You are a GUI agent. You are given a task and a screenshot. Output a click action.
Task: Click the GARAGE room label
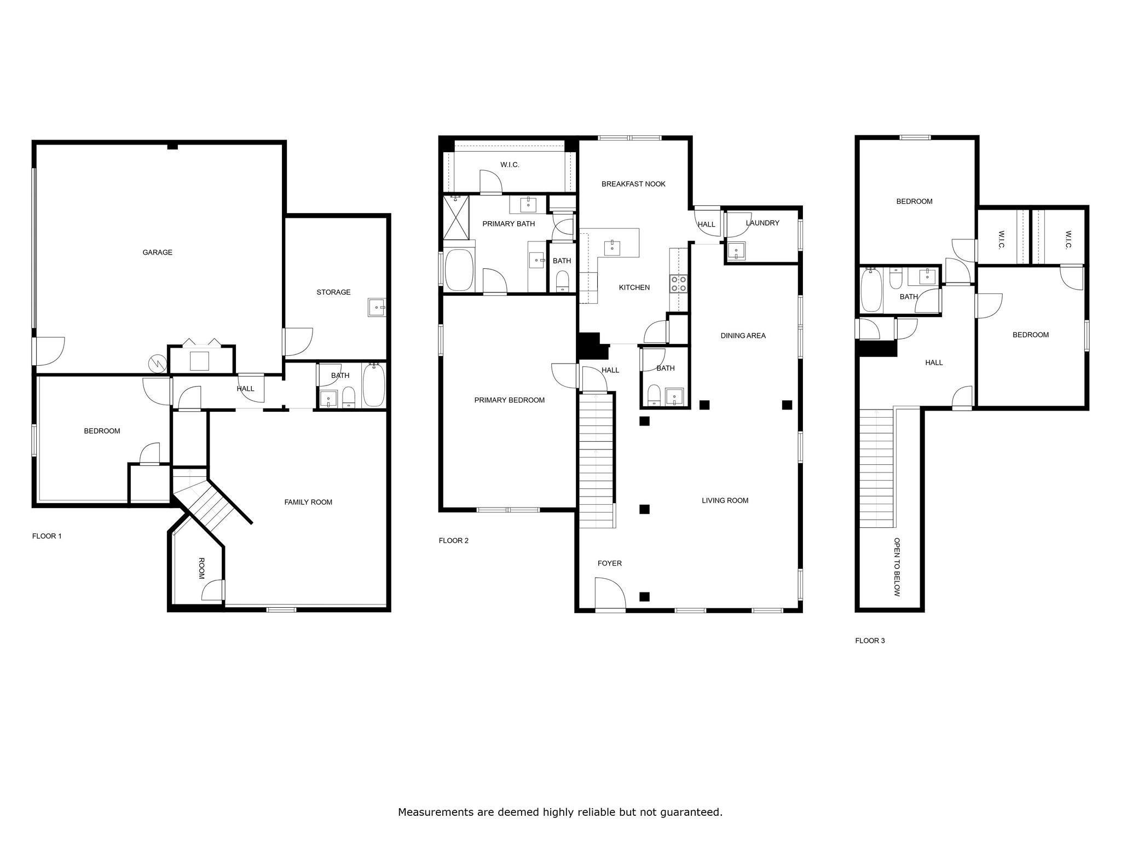(157, 252)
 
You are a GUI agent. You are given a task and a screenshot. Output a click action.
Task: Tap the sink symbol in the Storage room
(377, 308)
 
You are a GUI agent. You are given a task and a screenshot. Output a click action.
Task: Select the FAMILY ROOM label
(308, 502)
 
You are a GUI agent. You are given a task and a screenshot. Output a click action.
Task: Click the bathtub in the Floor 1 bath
(374, 385)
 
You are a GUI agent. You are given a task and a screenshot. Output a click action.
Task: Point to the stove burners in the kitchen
(679, 284)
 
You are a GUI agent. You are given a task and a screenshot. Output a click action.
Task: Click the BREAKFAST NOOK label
(633, 184)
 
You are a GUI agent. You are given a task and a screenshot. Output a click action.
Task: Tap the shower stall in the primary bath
(456, 217)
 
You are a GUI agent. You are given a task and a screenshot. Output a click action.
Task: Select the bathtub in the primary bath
(459, 270)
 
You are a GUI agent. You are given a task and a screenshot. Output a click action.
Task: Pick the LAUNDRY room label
(762, 223)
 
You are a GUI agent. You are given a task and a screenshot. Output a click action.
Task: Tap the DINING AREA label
(743, 336)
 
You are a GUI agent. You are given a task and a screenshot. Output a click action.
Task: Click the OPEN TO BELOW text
(897, 567)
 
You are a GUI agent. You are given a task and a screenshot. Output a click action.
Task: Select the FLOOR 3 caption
(870, 641)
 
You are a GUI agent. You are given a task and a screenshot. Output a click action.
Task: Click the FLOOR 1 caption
(47, 536)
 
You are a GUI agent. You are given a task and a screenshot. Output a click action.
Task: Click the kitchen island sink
(612, 247)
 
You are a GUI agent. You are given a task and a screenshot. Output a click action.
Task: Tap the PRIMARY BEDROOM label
(509, 400)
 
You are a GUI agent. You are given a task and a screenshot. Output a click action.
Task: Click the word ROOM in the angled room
(201, 568)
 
